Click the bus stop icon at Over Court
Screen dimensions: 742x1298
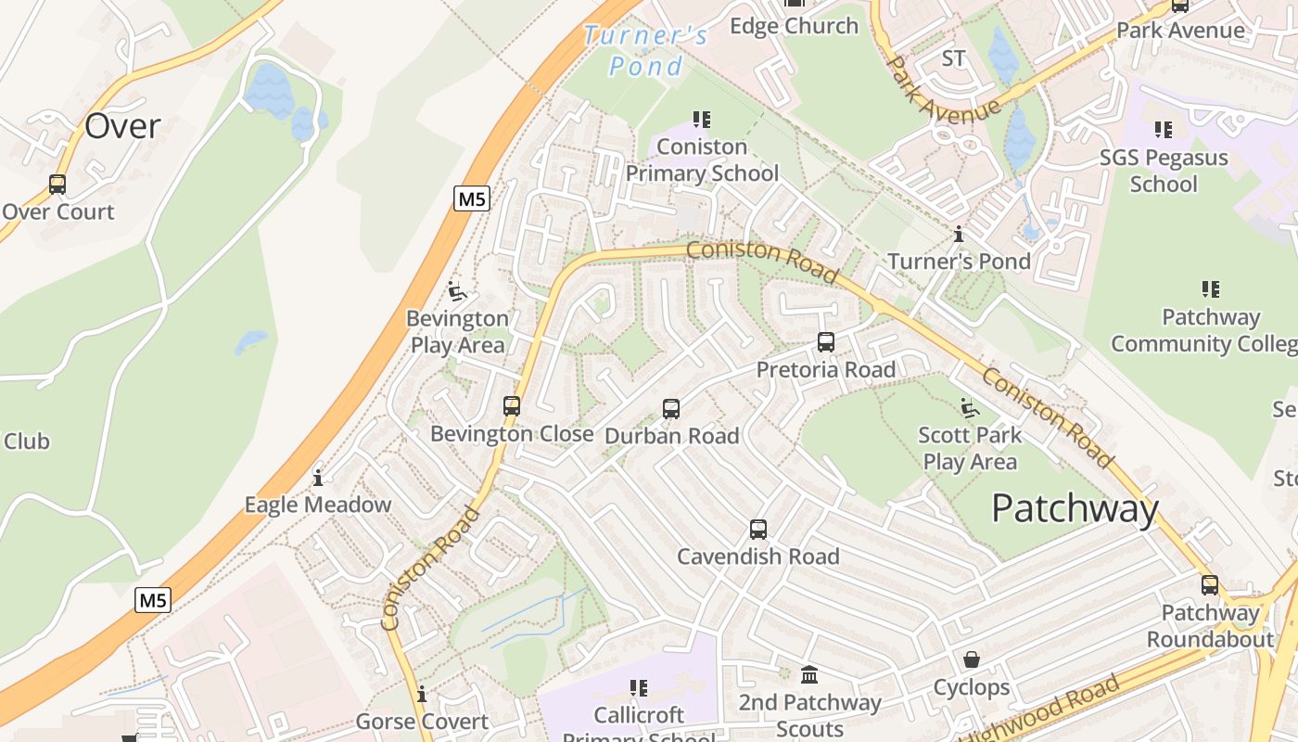(x=57, y=184)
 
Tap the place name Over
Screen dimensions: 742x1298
(x=122, y=126)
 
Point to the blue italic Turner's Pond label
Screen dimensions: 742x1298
(x=646, y=51)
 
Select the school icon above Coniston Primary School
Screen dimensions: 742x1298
(x=702, y=120)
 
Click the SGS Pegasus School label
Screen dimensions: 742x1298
(x=1164, y=171)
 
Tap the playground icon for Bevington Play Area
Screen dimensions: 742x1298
(x=456, y=291)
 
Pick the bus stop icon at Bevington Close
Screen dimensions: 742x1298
(x=512, y=406)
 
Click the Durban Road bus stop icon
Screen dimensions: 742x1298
(x=671, y=408)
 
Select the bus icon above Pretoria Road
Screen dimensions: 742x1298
(x=826, y=342)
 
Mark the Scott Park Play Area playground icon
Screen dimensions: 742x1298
(x=970, y=407)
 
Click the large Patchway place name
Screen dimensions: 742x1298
(x=1075, y=508)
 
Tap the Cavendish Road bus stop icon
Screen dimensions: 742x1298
(x=758, y=530)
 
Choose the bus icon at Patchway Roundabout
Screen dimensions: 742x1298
(x=1210, y=585)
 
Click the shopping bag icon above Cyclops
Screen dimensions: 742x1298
(x=972, y=659)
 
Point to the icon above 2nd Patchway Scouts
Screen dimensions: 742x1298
(x=809, y=674)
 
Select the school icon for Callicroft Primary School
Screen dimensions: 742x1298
(x=639, y=688)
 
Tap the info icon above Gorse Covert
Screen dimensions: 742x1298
(x=422, y=694)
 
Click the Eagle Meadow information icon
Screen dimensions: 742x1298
(x=318, y=478)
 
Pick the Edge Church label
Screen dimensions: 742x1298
(x=795, y=26)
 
